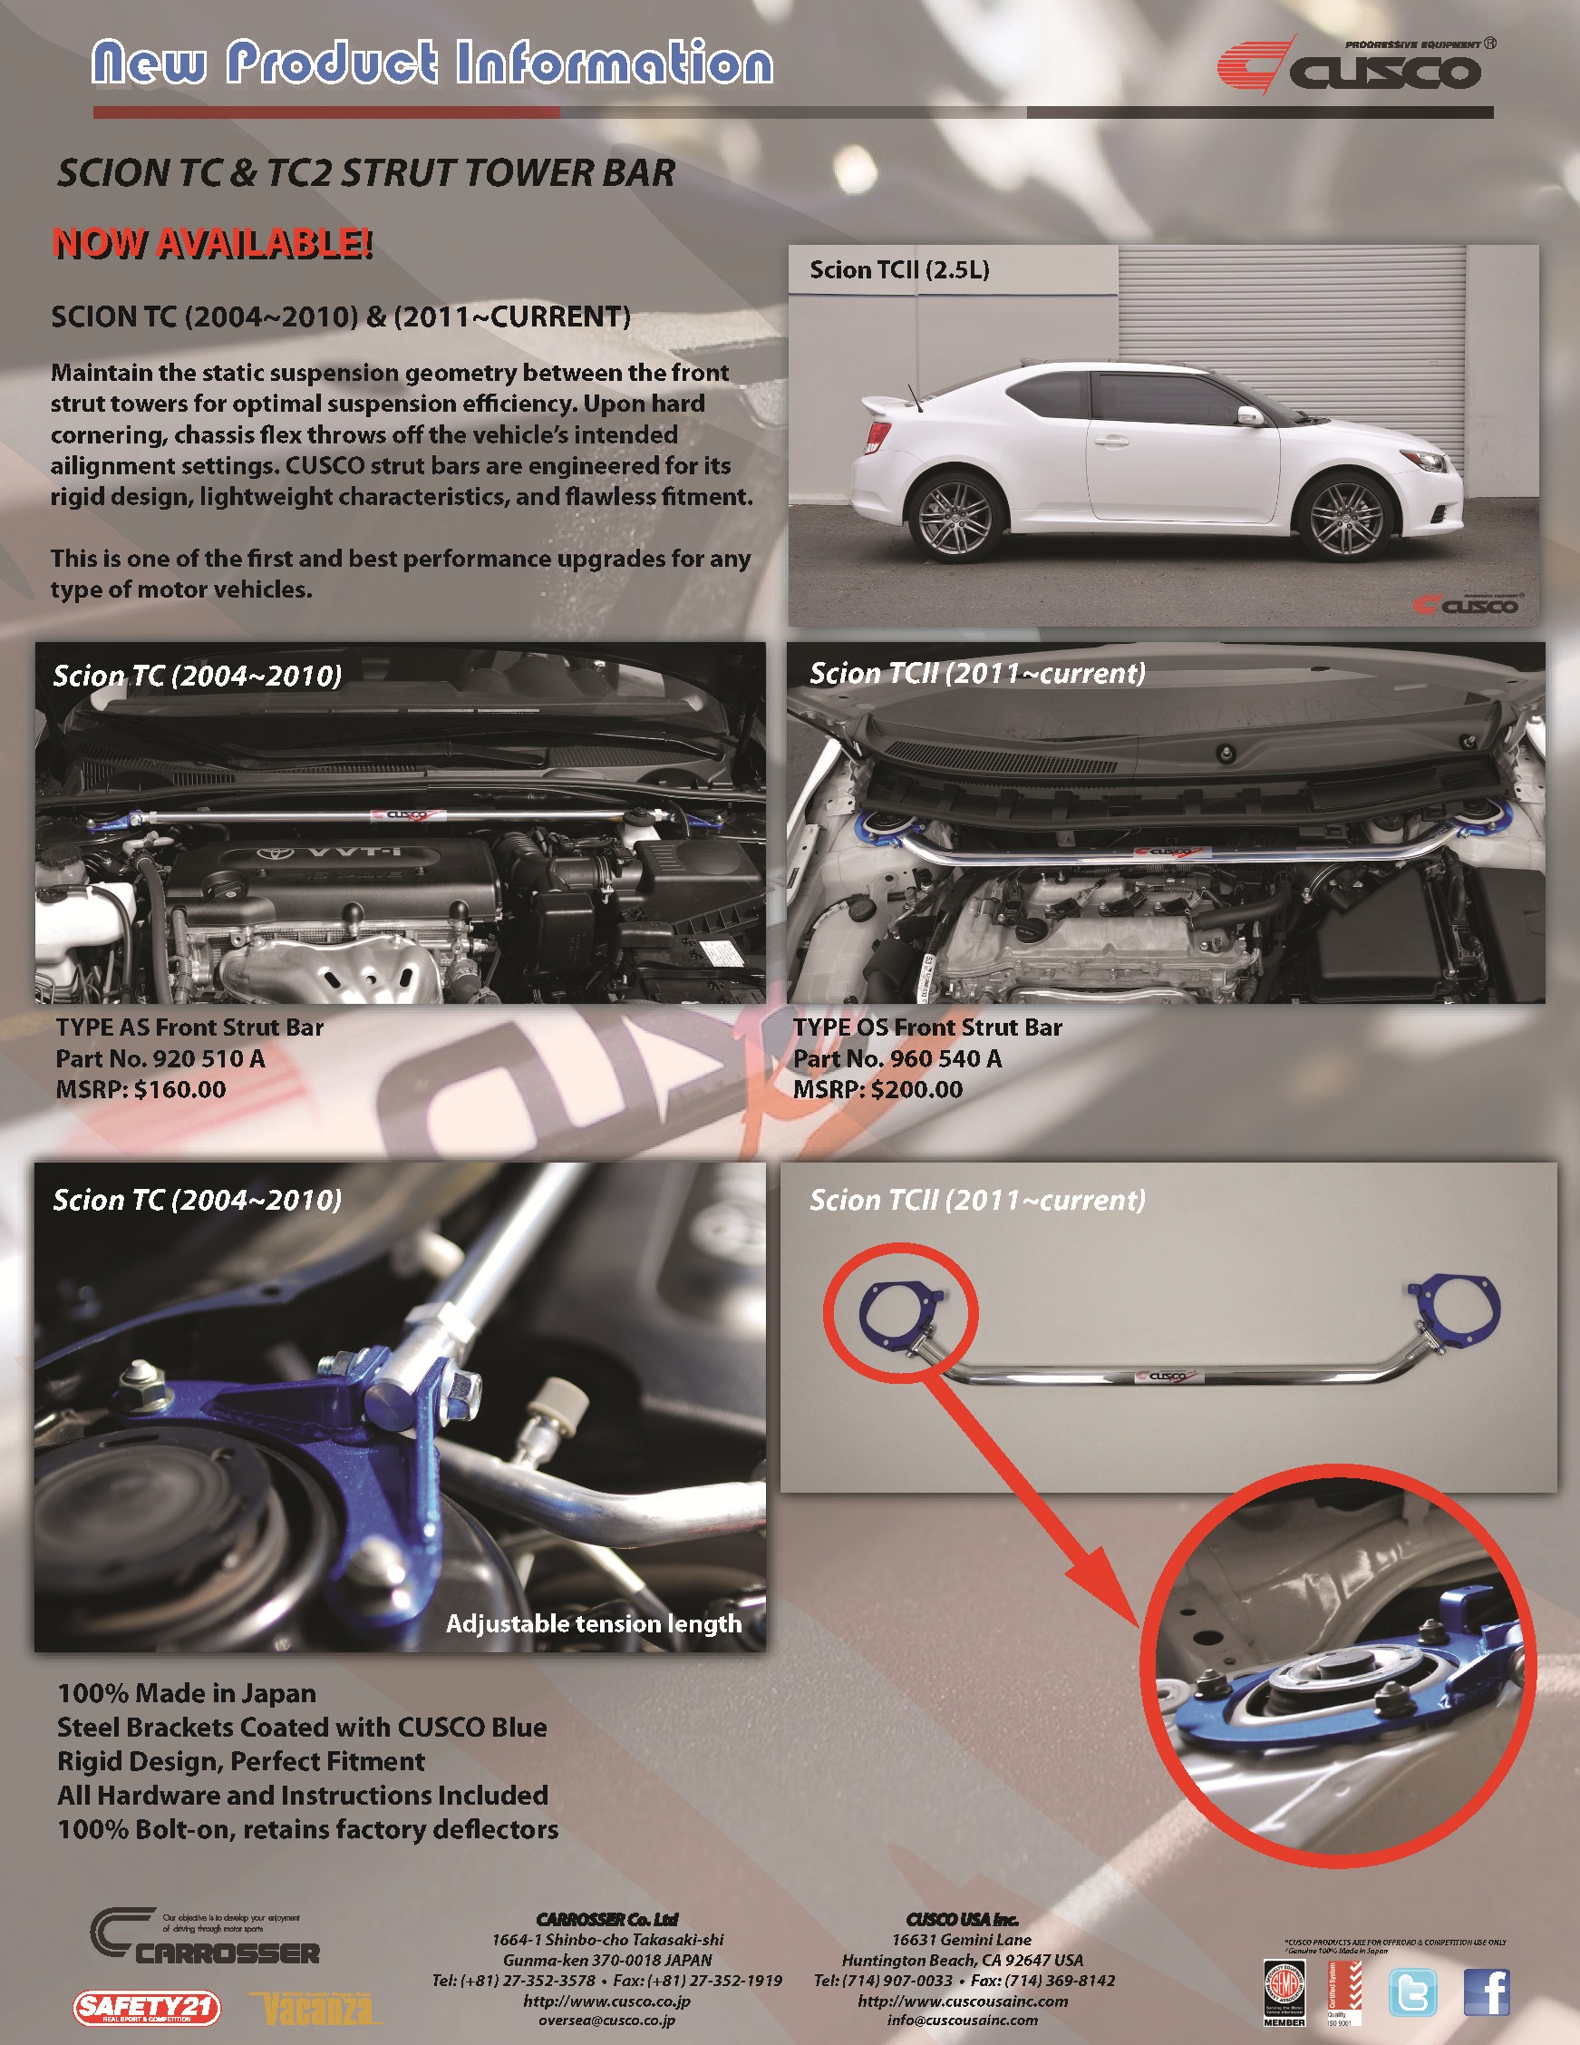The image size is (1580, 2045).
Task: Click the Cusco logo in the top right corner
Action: [1357, 66]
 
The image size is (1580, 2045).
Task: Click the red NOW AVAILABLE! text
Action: [212, 243]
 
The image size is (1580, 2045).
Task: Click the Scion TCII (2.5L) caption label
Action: [899, 270]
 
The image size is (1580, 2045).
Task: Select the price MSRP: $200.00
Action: [877, 1090]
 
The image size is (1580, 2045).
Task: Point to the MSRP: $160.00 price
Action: [141, 1090]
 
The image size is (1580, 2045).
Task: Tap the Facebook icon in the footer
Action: [1486, 1991]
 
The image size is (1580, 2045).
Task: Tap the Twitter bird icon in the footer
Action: [1411, 1991]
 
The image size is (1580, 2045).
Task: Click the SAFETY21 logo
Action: [147, 2007]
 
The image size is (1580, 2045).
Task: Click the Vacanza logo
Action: [316, 2009]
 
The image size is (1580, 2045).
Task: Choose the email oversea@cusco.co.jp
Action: [606, 2021]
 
